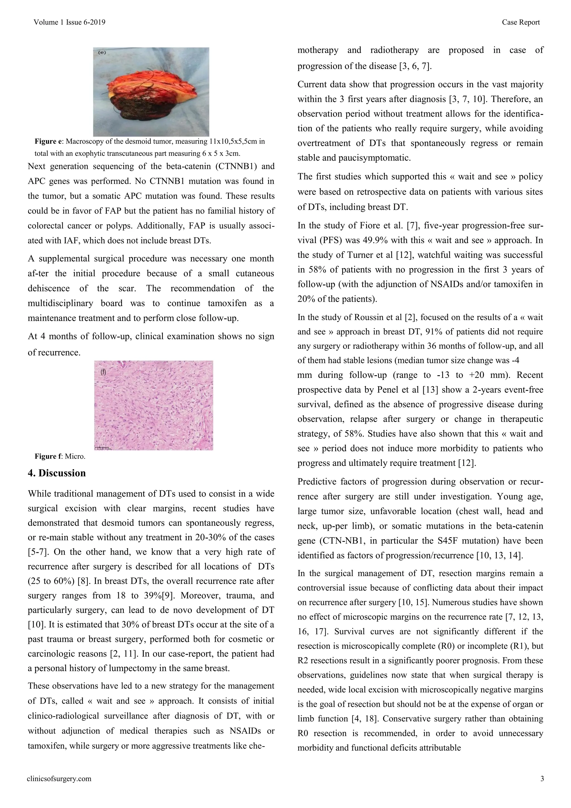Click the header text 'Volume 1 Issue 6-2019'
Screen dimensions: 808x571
69,23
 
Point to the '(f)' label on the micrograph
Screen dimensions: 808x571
103,372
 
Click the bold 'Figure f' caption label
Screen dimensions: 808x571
48,456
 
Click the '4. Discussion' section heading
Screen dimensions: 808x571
57,473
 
